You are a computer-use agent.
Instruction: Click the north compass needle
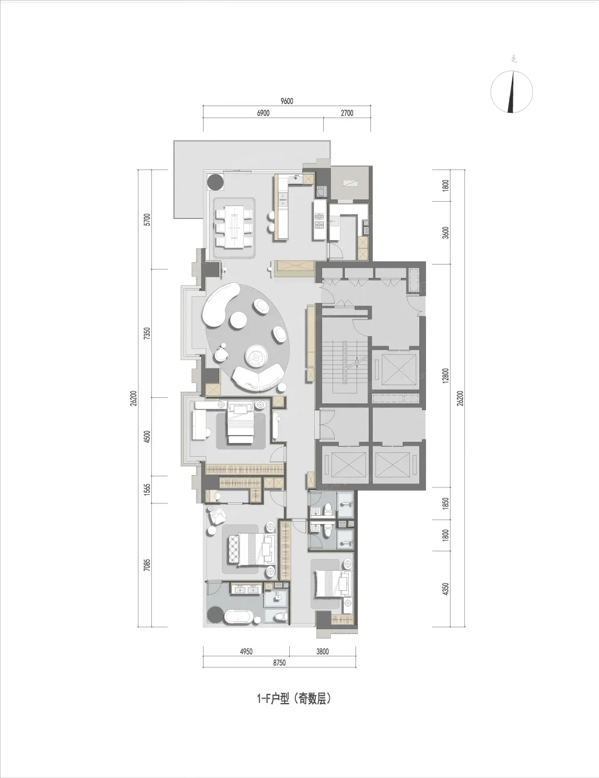click(512, 92)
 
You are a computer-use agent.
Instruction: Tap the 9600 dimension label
click(286, 101)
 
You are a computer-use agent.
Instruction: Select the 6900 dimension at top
click(263, 113)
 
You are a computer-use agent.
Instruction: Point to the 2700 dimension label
click(347, 113)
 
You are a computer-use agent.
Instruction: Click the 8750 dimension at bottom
click(279, 663)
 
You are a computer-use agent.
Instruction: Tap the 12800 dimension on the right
click(445, 376)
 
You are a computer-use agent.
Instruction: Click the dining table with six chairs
click(234, 227)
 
